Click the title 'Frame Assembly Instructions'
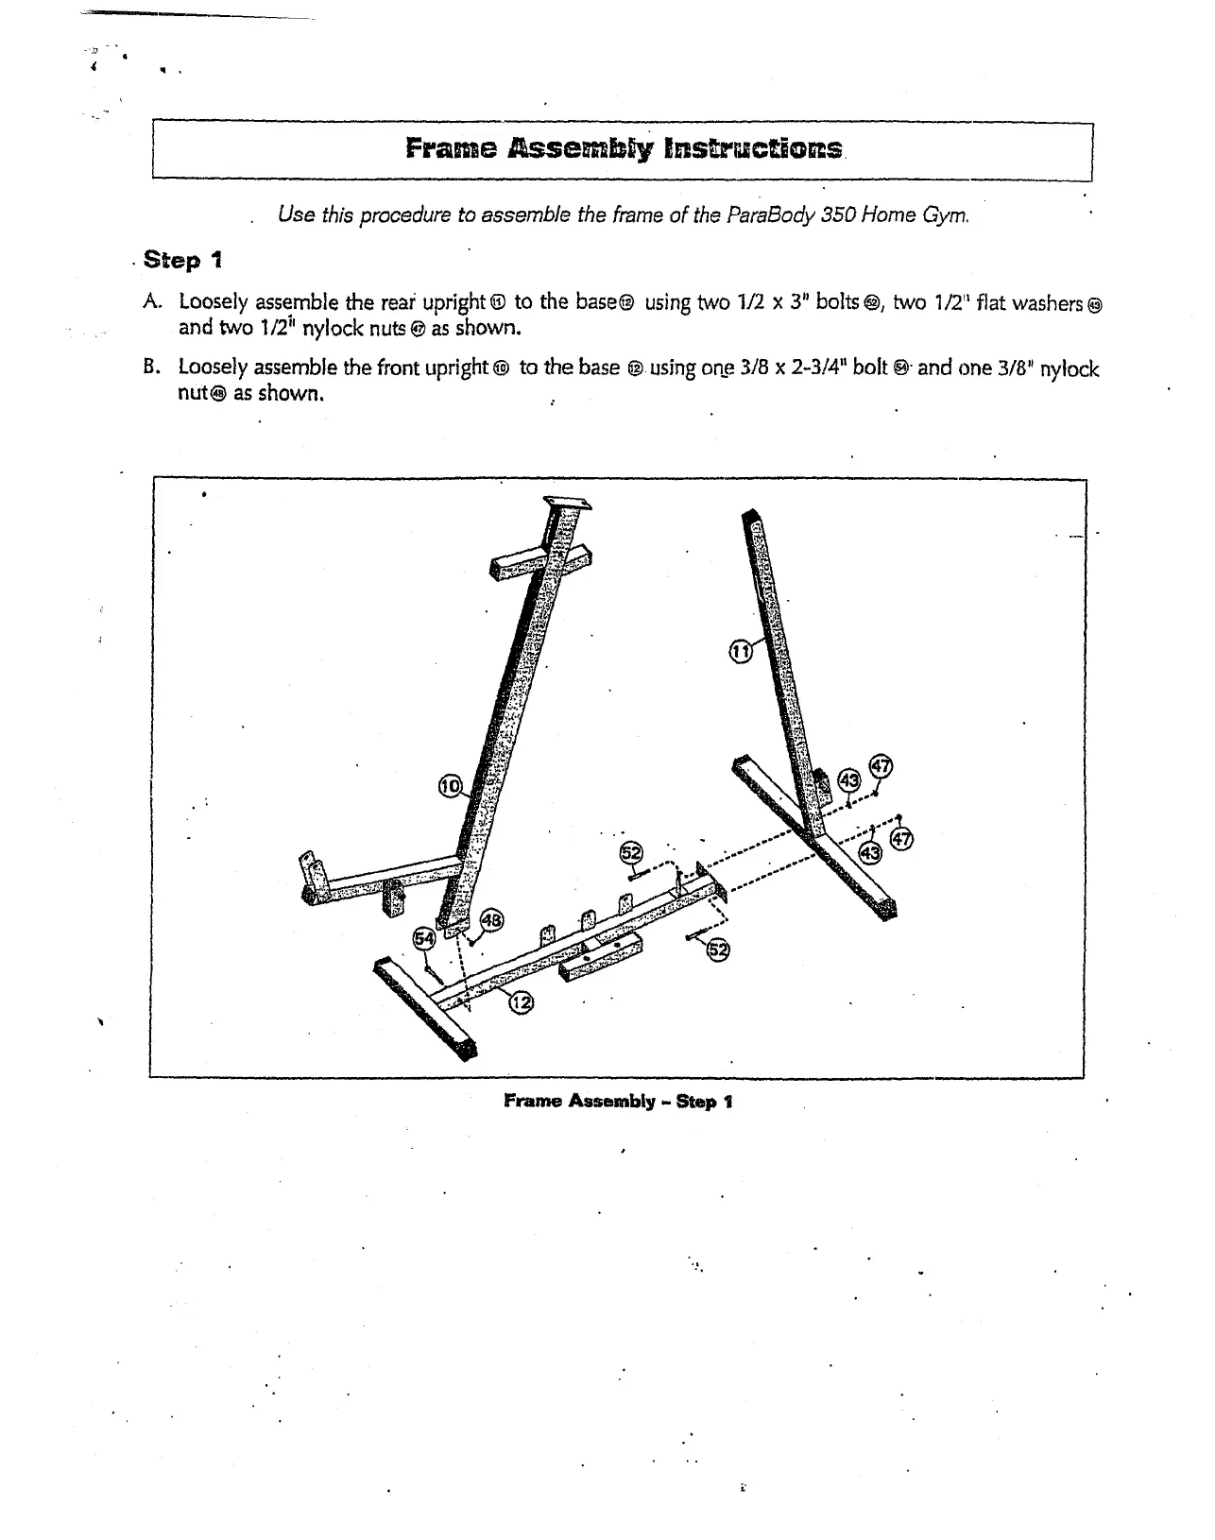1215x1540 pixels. [623, 149]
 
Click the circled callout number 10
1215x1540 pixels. [451, 786]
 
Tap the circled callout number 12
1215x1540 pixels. [521, 1002]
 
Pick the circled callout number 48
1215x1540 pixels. [492, 919]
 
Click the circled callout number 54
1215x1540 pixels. [425, 938]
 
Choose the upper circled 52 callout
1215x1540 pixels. [630, 853]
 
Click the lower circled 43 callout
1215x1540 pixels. [870, 853]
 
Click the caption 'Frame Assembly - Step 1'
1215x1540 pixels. [618, 1102]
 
